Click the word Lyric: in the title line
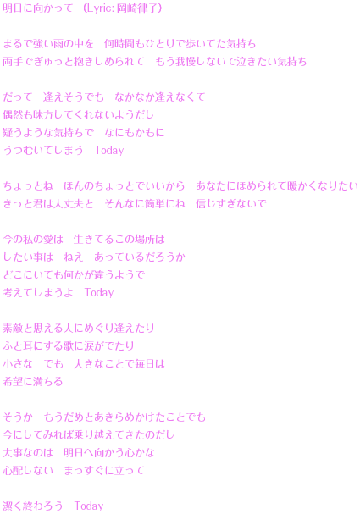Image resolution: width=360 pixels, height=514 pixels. coord(99,8)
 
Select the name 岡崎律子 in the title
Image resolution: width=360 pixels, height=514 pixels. coord(136,8)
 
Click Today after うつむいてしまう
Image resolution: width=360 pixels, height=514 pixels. coord(109,151)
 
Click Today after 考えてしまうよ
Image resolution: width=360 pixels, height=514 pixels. coord(99,292)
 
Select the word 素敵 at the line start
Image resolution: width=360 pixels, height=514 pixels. coord(13,329)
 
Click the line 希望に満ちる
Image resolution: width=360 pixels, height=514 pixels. coord(33,382)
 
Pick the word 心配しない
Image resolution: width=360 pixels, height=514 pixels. coord(28,471)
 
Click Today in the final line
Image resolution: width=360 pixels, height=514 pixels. coord(89,506)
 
